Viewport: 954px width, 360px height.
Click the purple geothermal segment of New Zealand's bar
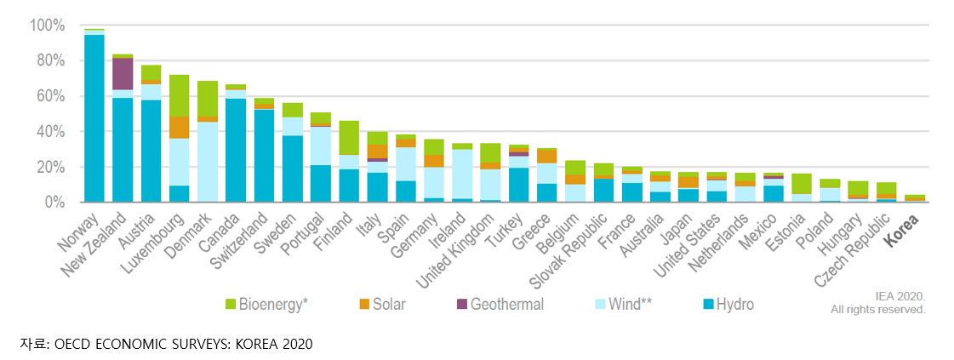click(123, 73)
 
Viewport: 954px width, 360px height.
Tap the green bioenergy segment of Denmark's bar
click(208, 99)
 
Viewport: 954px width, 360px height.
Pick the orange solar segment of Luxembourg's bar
click(180, 128)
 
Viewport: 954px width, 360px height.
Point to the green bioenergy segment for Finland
click(349, 137)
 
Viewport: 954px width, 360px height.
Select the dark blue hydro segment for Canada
click(236, 150)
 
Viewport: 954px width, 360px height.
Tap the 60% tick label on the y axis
click(49, 96)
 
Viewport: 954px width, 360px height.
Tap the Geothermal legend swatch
click(461, 304)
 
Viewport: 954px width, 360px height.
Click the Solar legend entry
click(382, 304)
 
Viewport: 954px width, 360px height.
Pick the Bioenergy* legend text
click(274, 304)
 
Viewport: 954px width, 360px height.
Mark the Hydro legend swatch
click(706, 304)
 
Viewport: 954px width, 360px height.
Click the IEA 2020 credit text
click(900, 296)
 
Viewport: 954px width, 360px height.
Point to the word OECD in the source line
click(71, 344)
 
